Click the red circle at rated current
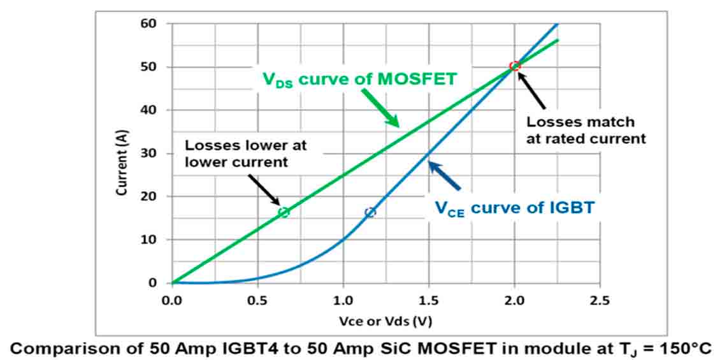(x=515, y=66)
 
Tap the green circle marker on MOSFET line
(x=284, y=212)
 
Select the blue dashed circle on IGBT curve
(x=370, y=212)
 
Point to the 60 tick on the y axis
(x=157, y=24)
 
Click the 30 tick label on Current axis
(x=157, y=154)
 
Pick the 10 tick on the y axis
(x=157, y=240)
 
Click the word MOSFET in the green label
(x=421, y=79)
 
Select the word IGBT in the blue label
(x=572, y=208)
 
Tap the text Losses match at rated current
(x=586, y=129)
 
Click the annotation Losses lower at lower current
(x=246, y=153)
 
